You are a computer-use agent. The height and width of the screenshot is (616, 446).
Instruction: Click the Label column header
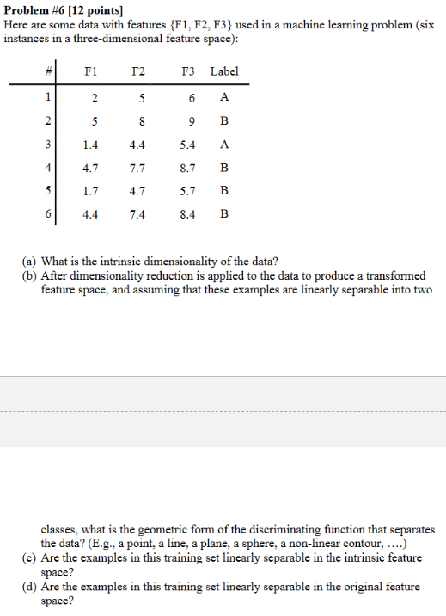pyautogui.click(x=224, y=71)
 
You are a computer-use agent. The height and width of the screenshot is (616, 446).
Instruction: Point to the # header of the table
pyautogui.click(x=49, y=71)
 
